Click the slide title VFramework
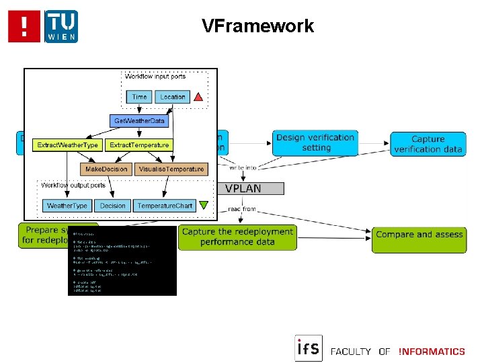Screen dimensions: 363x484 [x=257, y=26]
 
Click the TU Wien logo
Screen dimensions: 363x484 [x=61, y=26]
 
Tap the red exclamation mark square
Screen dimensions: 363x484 [x=24, y=26]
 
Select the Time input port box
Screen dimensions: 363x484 [x=139, y=97]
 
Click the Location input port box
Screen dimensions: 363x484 [x=172, y=97]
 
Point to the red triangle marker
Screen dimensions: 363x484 [x=198, y=97]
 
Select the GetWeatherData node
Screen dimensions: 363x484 [x=139, y=121]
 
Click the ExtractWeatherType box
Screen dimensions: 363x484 [x=67, y=145]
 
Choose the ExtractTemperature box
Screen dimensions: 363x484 [x=139, y=145]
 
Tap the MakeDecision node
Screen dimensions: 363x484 [x=106, y=169]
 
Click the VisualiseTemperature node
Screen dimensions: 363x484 [x=171, y=169]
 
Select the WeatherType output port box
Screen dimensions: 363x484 [x=67, y=206]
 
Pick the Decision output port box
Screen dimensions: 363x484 [x=112, y=206]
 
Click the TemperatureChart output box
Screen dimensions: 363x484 [x=165, y=206]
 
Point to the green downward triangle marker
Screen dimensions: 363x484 [x=204, y=206]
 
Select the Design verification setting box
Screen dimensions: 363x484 [x=315, y=143]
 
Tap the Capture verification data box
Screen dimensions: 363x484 [x=428, y=144]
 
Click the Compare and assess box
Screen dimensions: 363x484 [x=419, y=235]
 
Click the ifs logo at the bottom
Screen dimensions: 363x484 [x=309, y=348]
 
